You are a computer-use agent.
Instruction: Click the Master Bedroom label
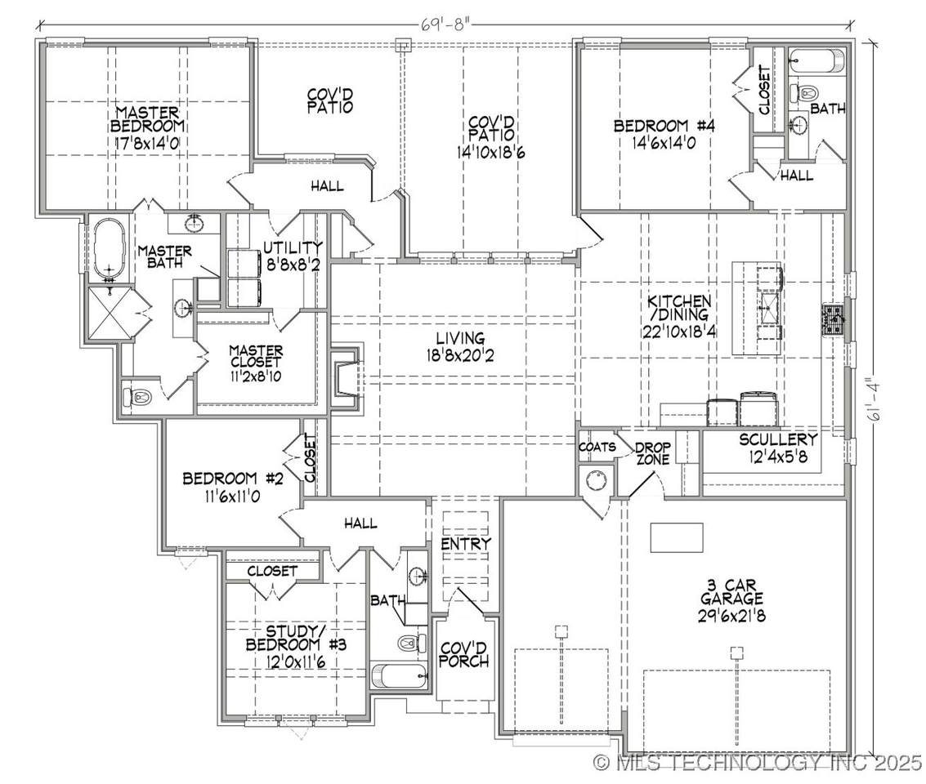click(x=147, y=119)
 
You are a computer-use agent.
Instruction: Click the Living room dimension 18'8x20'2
click(x=460, y=355)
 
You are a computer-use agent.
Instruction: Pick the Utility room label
click(x=293, y=247)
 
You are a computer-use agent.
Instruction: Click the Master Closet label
click(x=257, y=356)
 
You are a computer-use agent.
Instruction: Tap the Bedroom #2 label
click(x=233, y=478)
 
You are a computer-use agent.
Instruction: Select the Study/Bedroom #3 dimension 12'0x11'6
click(x=295, y=661)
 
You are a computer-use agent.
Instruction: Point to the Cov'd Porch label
click(x=463, y=653)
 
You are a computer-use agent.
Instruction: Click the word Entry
click(x=465, y=543)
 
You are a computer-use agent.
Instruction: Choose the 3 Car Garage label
click(x=731, y=592)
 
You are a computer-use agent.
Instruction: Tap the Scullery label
click(x=778, y=439)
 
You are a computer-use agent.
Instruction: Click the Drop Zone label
click(x=652, y=453)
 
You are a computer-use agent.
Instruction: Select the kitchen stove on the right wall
click(x=833, y=320)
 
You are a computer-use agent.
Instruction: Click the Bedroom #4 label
click(x=664, y=126)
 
